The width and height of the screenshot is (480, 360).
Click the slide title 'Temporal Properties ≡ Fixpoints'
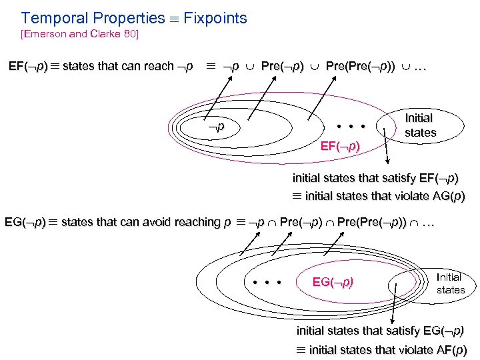pos(134,18)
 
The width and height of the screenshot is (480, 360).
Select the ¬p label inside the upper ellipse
pos(214,125)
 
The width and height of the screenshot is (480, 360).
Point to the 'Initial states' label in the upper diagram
pos(419,125)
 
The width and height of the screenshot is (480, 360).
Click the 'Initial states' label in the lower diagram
pos(450,283)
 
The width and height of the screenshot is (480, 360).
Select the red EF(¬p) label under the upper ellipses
pos(340,146)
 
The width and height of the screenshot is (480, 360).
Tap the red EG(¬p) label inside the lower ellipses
pos(333,282)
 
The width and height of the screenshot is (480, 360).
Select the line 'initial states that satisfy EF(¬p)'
pos(376,179)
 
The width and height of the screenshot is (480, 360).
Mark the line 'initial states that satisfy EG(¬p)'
pos(381,331)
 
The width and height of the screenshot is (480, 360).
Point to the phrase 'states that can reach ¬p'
pos(127,67)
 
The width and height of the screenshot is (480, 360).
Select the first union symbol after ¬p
pos(251,67)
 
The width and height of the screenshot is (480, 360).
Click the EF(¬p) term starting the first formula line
pos(27,67)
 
